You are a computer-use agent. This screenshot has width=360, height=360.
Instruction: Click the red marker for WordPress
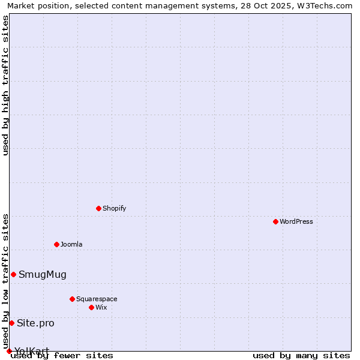click(x=275, y=221)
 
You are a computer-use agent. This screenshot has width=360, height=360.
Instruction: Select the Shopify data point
click(x=98, y=208)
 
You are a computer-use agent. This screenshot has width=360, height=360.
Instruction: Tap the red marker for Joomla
click(x=56, y=244)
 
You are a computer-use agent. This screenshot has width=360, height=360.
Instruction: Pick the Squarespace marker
click(x=72, y=299)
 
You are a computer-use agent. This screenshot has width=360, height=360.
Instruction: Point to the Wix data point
click(x=91, y=307)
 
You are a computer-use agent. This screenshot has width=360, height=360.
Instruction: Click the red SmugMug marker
click(x=13, y=274)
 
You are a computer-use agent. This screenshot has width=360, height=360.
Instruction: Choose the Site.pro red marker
click(x=11, y=323)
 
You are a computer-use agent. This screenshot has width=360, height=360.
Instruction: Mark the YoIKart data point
click(x=9, y=351)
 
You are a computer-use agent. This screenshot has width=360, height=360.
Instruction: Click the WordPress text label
click(x=296, y=221)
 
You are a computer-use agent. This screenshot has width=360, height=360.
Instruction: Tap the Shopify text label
click(x=114, y=208)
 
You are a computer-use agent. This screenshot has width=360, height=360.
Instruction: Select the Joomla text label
click(x=71, y=244)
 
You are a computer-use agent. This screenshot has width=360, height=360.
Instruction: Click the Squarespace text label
click(x=97, y=299)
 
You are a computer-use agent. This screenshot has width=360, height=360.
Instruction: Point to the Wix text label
click(x=101, y=307)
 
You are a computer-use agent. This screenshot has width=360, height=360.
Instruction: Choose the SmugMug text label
click(x=43, y=274)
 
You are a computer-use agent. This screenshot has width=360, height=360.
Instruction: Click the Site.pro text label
click(x=35, y=323)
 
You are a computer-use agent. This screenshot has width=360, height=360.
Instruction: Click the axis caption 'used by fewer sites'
click(x=62, y=355)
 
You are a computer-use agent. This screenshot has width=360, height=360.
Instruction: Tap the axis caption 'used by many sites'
click(x=301, y=355)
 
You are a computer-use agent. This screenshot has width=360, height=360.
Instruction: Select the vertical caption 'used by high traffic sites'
click(x=5, y=85)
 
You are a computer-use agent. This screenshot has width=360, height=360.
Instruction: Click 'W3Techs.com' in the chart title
click(x=323, y=5)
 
